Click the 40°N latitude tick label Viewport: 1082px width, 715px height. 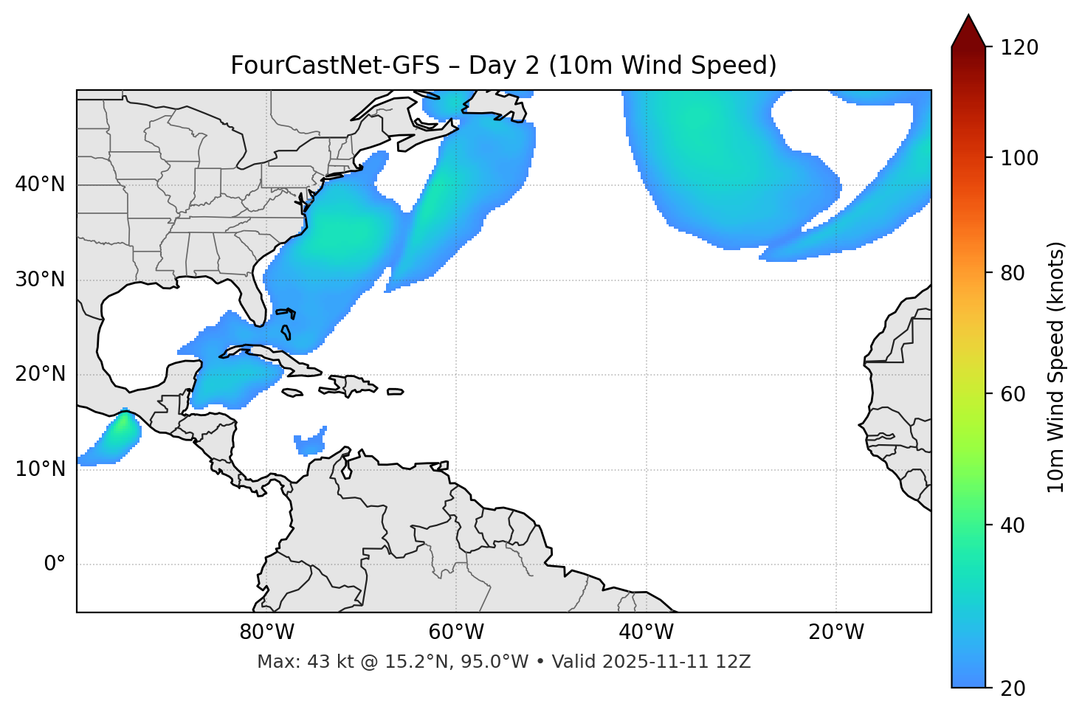click(x=40, y=184)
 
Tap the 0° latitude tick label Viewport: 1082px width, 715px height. click(x=55, y=564)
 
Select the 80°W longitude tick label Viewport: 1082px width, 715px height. click(x=266, y=632)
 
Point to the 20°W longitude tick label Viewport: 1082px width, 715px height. click(x=836, y=632)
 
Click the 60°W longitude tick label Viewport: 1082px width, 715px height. click(x=456, y=632)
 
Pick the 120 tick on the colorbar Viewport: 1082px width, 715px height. click(x=1019, y=48)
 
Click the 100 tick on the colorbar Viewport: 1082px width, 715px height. click(x=1019, y=158)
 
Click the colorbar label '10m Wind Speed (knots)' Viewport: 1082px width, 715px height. click(x=1056, y=367)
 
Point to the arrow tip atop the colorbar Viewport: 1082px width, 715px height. click(x=968, y=16)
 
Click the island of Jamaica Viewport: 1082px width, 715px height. click(x=292, y=393)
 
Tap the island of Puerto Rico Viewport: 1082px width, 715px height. click(x=395, y=392)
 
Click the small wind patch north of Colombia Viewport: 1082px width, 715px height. click(x=309, y=443)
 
